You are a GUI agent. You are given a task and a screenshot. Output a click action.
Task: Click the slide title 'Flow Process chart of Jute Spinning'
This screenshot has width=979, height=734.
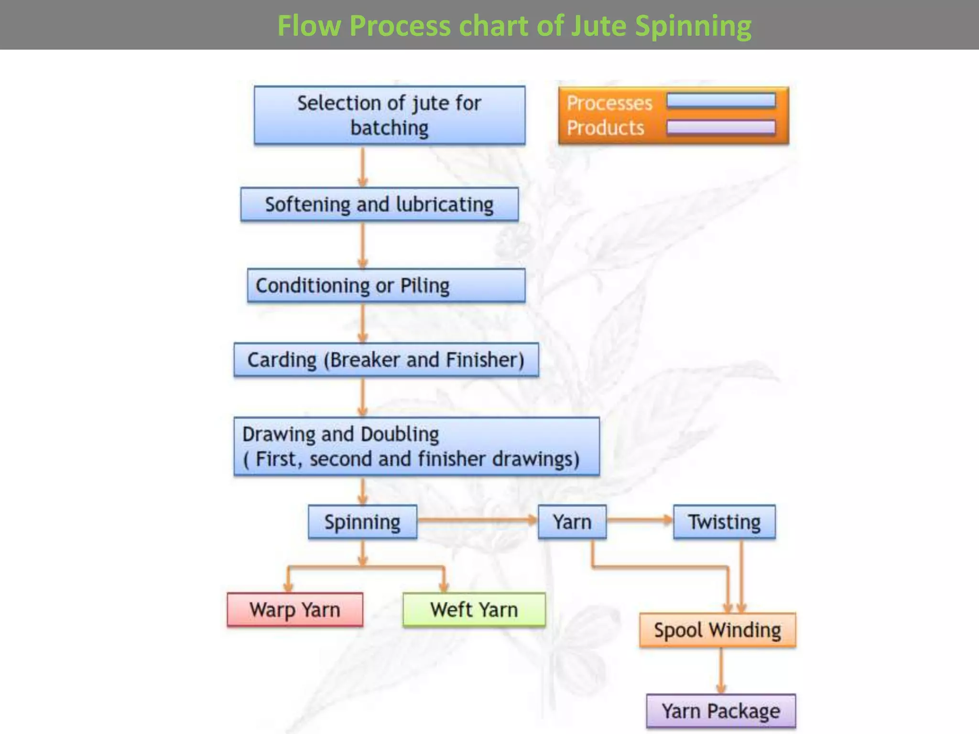(514, 26)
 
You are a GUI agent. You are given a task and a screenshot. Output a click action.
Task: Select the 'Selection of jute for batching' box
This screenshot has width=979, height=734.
(389, 115)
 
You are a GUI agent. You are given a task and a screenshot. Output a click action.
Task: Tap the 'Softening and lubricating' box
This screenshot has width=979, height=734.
(379, 205)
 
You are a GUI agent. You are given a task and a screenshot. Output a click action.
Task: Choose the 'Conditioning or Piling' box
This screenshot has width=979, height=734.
(386, 285)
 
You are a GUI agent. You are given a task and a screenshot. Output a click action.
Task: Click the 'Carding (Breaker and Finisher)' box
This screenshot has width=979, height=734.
(386, 359)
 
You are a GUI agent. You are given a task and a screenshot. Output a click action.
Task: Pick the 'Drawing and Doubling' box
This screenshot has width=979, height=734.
(416, 446)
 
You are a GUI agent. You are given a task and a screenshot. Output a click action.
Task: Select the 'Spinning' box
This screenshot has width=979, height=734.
(362, 522)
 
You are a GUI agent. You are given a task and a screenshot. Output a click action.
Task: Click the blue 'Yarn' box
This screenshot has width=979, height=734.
(572, 522)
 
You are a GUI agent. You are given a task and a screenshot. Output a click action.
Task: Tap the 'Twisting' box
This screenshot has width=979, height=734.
(724, 522)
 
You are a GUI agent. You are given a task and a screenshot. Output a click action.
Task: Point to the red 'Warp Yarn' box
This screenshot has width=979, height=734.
(294, 610)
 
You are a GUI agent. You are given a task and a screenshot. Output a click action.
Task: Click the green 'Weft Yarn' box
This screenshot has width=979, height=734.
(474, 610)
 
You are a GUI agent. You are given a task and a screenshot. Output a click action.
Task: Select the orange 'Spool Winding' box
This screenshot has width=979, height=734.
(718, 630)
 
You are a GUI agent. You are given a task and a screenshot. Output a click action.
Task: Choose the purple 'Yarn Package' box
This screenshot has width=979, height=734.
(721, 711)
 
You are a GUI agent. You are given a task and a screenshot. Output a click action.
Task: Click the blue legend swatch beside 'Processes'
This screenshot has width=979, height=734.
(721, 101)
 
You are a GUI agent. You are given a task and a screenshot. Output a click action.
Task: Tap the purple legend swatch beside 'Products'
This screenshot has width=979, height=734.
(721, 127)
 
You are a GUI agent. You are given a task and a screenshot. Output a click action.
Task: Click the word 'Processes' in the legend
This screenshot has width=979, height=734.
(609, 103)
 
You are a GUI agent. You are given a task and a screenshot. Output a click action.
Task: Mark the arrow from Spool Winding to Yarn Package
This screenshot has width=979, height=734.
(721, 671)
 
